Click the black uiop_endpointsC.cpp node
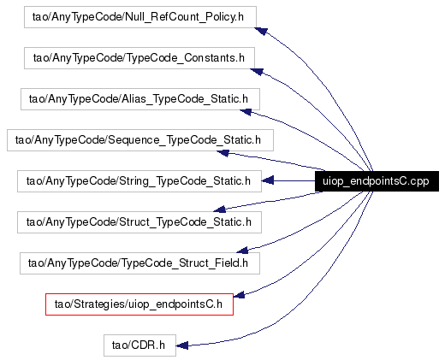coord(377,181)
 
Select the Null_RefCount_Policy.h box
coord(140,17)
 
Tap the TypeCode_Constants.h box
coord(139,58)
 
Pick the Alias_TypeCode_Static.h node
coord(140,99)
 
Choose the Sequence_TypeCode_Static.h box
coord(140,140)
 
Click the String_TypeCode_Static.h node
coord(139,181)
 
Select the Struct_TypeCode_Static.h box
coord(139,222)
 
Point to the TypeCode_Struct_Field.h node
coord(139,263)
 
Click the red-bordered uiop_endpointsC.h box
coord(139,304)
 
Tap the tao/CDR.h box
coord(139,345)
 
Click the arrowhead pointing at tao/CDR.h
coord(182,345)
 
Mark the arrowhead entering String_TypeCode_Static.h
coord(268,180)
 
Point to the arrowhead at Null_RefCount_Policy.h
coord(261,31)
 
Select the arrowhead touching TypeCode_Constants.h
coord(257,72)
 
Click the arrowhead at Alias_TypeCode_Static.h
coord(246,112)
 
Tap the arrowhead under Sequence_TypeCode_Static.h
coord(222,153)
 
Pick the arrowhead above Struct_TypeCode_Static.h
coord(220,210)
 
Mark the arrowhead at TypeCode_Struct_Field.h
coord(242,251)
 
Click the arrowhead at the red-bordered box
coord(239,295)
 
